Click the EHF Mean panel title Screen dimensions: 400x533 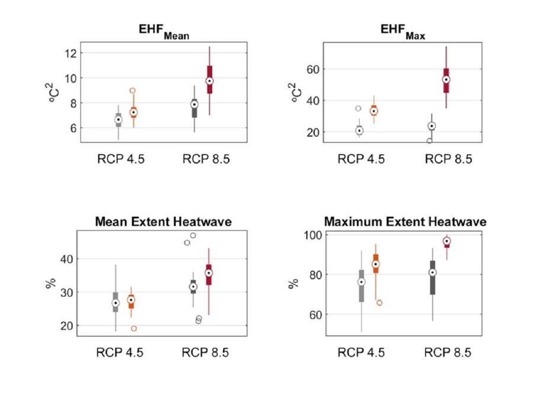pos(161,34)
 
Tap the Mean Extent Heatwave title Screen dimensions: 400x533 pos(163,222)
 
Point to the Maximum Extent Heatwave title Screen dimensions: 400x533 pos(405,222)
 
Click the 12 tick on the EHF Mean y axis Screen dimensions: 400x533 pos(69,53)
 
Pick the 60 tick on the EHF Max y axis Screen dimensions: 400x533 pos(312,69)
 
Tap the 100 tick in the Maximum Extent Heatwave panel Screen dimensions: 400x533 pos(309,235)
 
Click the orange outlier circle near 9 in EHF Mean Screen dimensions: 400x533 pos(133,91)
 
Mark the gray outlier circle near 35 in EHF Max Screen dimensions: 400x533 pos(358,108)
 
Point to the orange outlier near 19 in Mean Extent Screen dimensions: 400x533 pos(134,328)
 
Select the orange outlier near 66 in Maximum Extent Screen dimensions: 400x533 pos(379,303)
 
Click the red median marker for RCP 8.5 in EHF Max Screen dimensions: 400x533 pos(446,79)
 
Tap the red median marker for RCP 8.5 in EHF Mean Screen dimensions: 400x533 pos(209,81)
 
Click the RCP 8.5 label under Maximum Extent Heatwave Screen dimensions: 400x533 pos(448,353)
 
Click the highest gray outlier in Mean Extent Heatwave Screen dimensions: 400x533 pos(192,235)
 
